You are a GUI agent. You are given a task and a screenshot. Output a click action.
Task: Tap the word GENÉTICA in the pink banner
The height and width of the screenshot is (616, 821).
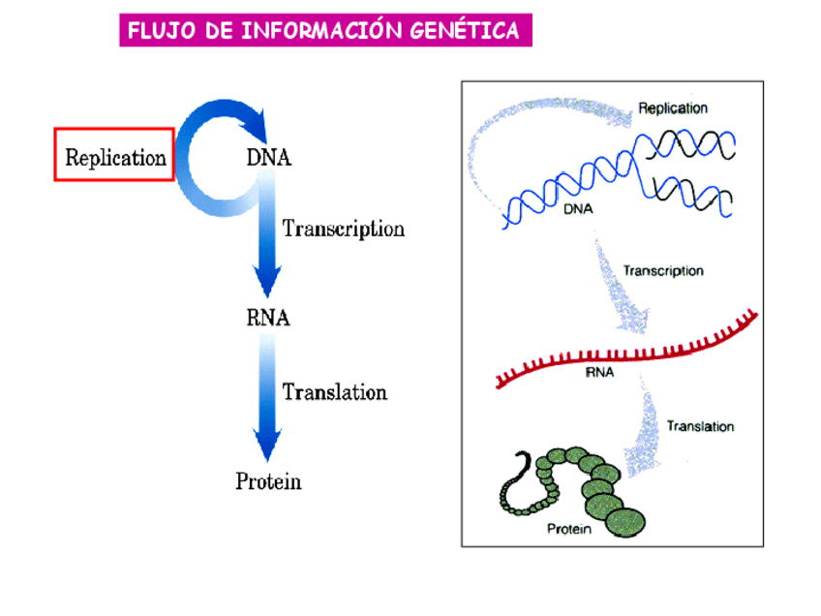[465, 29]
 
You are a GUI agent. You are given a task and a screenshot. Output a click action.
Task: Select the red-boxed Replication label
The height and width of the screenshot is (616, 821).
[114, 155]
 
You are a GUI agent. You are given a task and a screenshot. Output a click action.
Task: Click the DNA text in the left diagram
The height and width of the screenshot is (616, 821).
[268, 157]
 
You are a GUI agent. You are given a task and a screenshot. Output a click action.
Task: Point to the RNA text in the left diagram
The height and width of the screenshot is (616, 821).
[268, 318]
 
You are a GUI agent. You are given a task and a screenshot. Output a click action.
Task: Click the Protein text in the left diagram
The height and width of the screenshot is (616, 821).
[268, 481]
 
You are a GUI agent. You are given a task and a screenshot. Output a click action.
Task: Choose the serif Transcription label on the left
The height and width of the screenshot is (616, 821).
[344, 229]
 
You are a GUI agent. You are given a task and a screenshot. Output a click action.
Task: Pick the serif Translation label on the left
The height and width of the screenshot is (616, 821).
[335, 392]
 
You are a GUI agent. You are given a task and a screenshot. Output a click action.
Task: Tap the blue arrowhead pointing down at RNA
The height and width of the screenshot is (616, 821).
[267, 281]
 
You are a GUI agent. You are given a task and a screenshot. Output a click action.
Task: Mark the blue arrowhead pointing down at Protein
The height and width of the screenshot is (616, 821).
[267, 445]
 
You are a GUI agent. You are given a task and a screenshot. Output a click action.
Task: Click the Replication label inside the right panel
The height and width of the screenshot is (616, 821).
[673, 108]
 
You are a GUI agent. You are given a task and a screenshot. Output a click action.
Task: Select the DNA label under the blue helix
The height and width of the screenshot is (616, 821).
[578, 209]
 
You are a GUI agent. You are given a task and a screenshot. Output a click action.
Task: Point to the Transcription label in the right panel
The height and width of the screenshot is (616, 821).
[663, 271]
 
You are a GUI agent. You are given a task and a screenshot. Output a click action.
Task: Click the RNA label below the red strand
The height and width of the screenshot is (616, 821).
[599, 373]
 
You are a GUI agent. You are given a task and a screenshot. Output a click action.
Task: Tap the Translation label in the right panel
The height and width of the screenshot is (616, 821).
[700, 426]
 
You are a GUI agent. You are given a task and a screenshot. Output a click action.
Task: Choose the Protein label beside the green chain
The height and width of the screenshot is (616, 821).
[569, 529]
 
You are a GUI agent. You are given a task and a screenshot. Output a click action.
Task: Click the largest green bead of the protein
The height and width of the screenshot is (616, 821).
[625, 522]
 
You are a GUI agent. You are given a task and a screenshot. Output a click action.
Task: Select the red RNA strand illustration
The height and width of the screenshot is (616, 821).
[626, 349]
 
